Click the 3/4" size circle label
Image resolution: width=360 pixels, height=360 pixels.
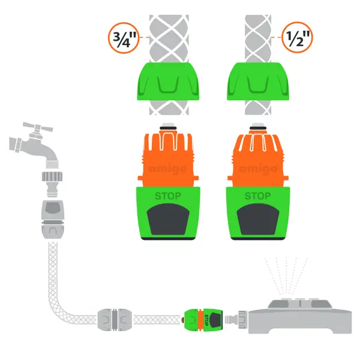coord(124,38)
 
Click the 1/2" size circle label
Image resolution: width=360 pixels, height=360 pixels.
coord(297,37)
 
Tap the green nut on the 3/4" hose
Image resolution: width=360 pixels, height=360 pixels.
coord(168,81)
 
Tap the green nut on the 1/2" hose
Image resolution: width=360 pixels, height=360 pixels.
coord(258,81)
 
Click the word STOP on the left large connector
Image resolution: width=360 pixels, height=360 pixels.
coord(168,196)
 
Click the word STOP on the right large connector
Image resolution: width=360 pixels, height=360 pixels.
coord(257,196)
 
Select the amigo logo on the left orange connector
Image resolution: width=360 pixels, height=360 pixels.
coord(168,169)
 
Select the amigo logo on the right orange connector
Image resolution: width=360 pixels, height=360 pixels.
coord(258,169)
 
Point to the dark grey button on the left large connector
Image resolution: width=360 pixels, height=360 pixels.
coord(168,219)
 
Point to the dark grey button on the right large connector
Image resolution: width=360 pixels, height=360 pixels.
coord(258,219)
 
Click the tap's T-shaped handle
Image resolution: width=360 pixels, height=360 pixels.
coord(38,128)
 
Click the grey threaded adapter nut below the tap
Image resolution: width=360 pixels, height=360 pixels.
coord(52,177)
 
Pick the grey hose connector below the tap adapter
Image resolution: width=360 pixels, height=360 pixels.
coord(53,219)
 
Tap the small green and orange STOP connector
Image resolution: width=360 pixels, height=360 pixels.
coord(203,320)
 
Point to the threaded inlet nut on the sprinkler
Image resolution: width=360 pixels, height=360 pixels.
coord(243,319)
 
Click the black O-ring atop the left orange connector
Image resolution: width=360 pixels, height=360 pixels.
coord(168,128)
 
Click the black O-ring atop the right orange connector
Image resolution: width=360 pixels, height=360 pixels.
coord(258,128)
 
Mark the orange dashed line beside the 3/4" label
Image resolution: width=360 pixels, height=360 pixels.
coord(144,37)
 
